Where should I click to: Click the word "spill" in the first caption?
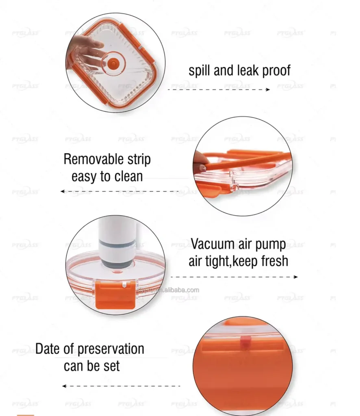click(200, 71)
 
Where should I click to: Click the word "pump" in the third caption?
click(272, 245)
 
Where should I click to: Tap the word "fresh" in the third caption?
click(271, 261)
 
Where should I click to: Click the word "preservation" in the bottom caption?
click(111, 349)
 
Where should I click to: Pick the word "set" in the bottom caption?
click(111, 366)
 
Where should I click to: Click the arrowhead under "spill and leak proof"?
click(267, 89)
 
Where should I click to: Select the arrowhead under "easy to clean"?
click(63, 191)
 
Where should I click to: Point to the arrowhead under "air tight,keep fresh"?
click(295, 277)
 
